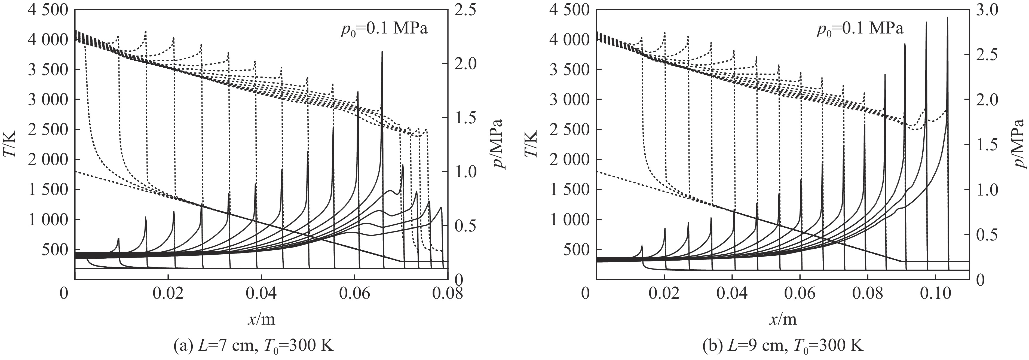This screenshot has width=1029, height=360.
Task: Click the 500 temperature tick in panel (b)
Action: (x=575, y=249)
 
